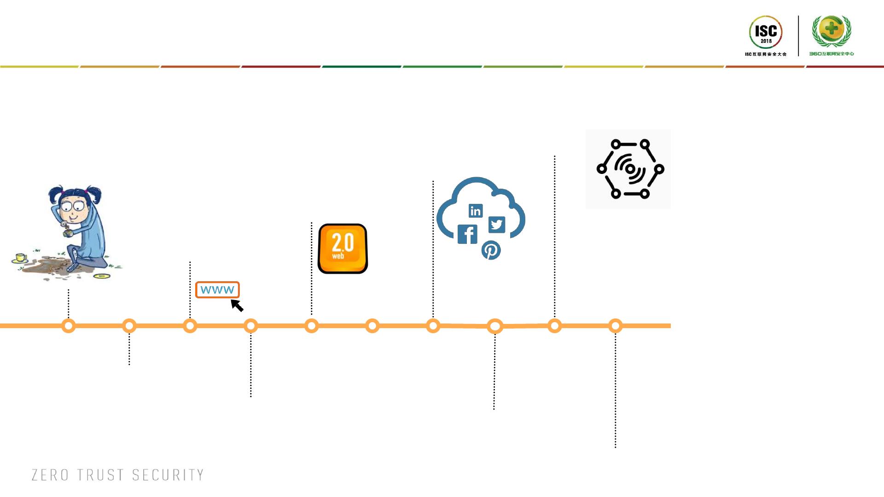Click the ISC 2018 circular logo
[766, 32]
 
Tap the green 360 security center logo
[832, 31]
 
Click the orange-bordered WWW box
[217, 290]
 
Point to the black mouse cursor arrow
[237, 305]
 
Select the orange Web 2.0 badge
[343, 248]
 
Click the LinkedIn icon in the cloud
[476, 211]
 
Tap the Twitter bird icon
[496, 225]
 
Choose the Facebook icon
[467, 234]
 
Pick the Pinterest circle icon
[491, 250]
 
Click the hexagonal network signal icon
[628, 169]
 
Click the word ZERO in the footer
[50, 475]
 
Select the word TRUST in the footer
[100, 475]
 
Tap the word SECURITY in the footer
[168, 475]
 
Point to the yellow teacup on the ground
[21, 257]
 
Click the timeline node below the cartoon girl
[69, 326]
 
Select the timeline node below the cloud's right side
[494, 326]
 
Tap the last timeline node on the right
[616, 326]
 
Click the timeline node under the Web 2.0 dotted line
[312, 326]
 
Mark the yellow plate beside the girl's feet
[102, 276]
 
